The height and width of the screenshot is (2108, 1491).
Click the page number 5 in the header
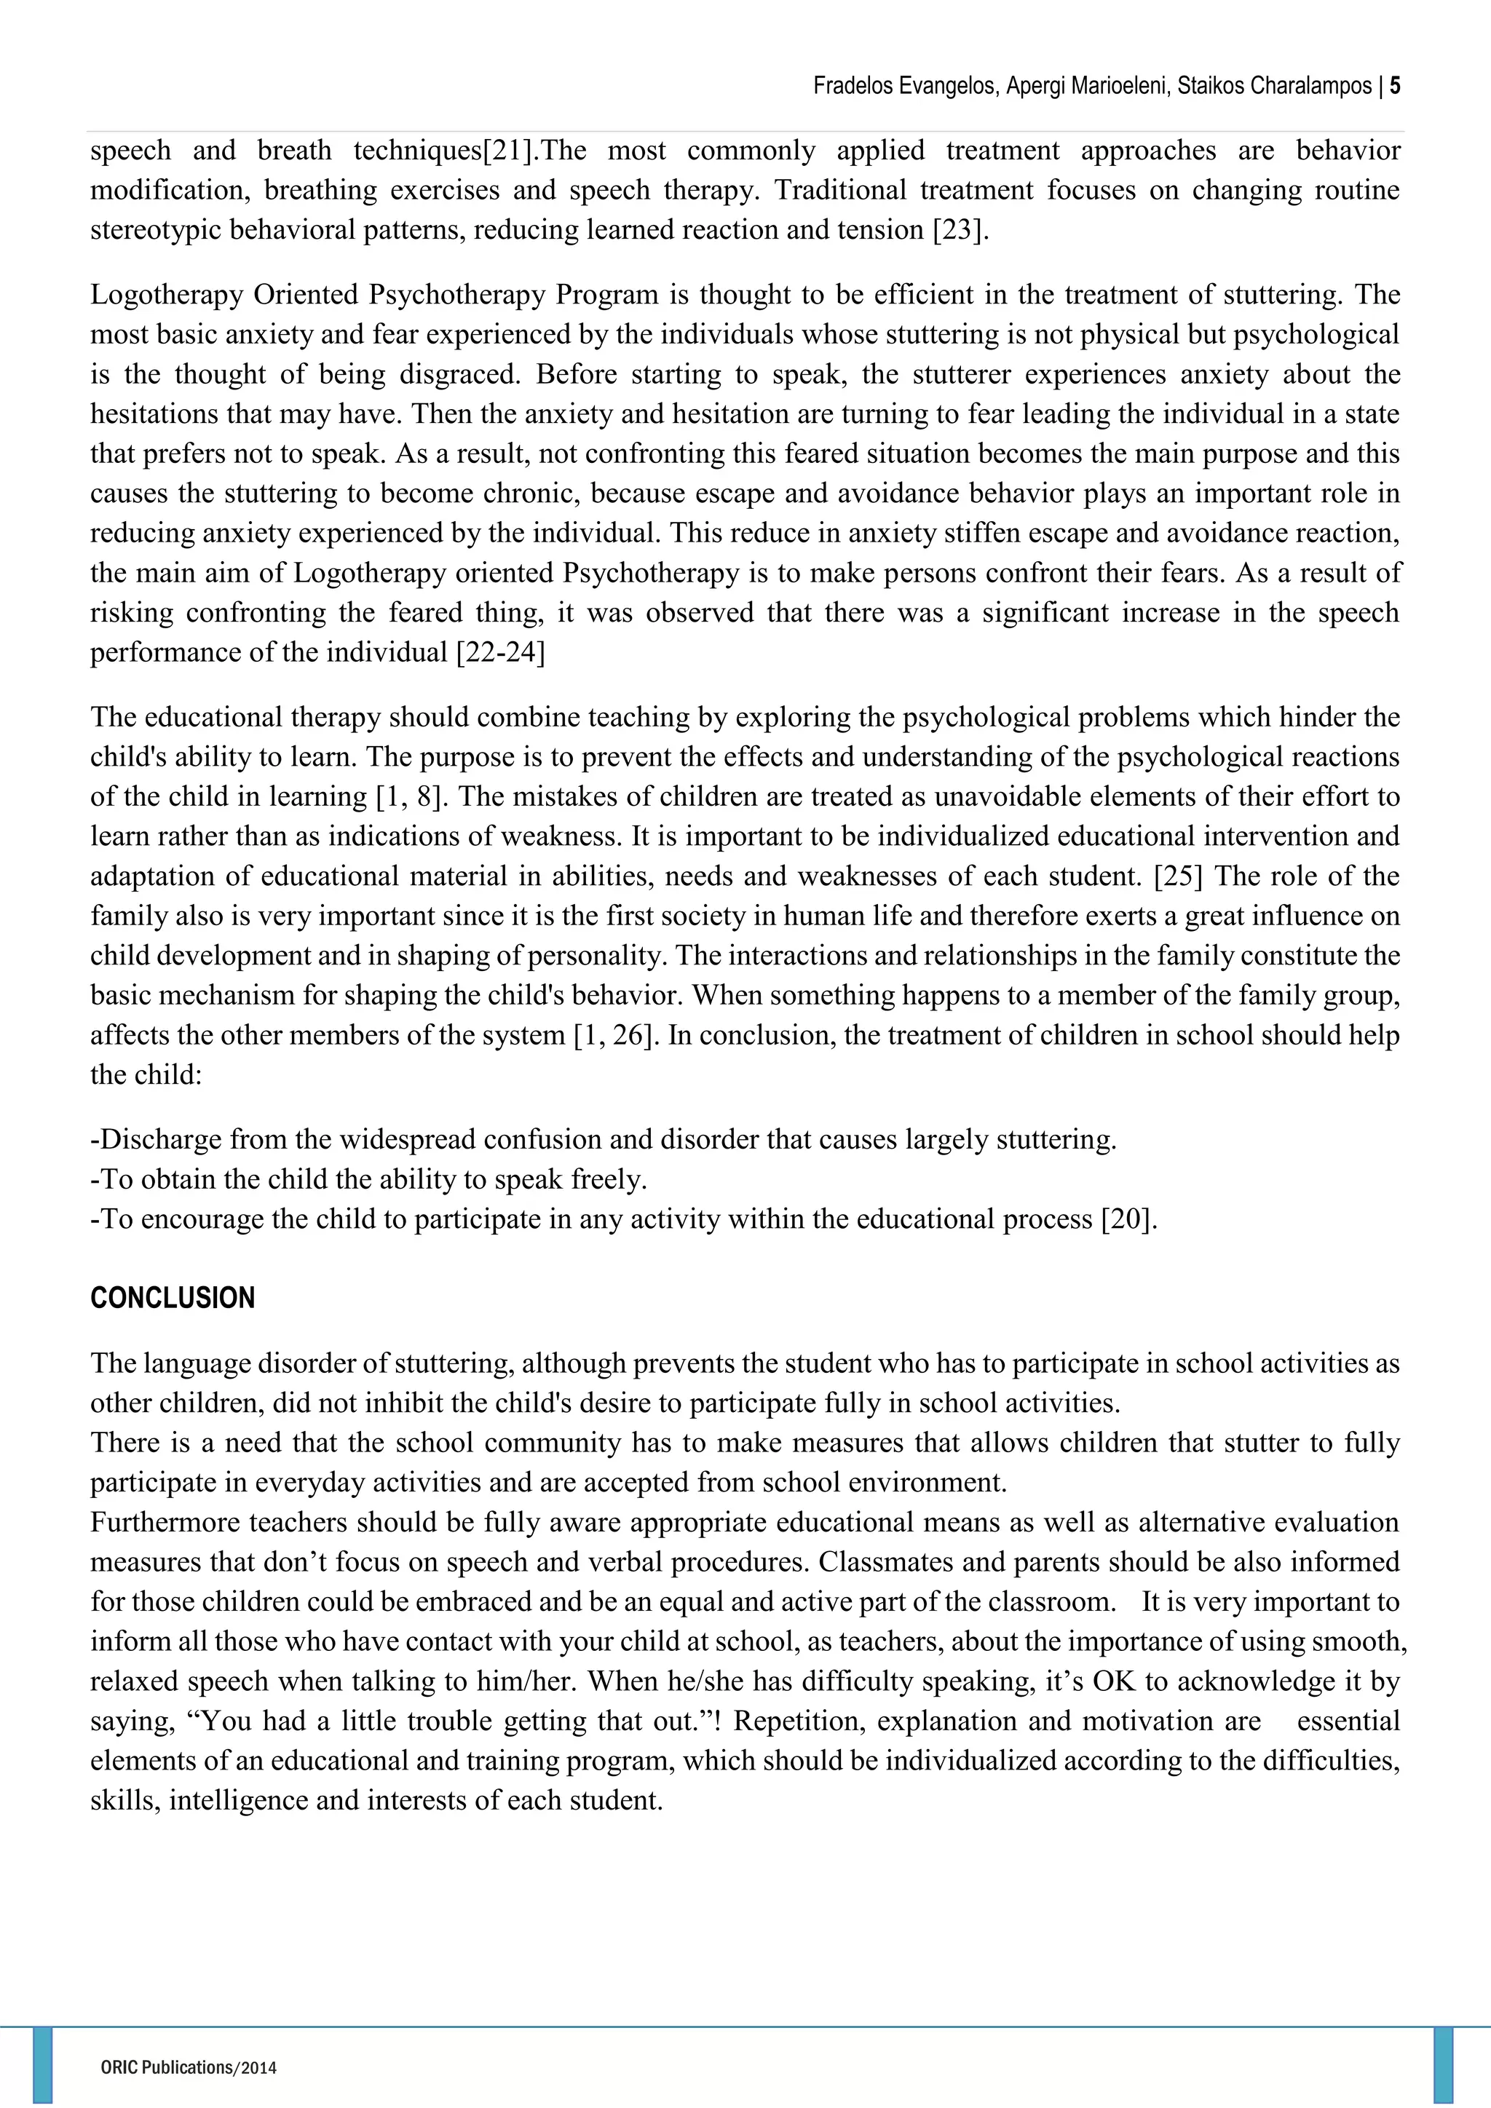pyautogui.click(x=1395, y=87)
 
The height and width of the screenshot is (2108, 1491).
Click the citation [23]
pyautogui.click(x=960, y=229)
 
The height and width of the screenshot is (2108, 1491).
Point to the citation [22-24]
pyautogui.click(x=500, y=653)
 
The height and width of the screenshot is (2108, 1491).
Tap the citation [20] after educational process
pyautogui.click(x=1128, y=1219)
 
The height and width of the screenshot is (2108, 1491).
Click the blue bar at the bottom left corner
pyautogui.click(x=42, y=2066)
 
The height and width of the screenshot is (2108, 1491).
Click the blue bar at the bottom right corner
pyautogui.click(x=1443, y=2066)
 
